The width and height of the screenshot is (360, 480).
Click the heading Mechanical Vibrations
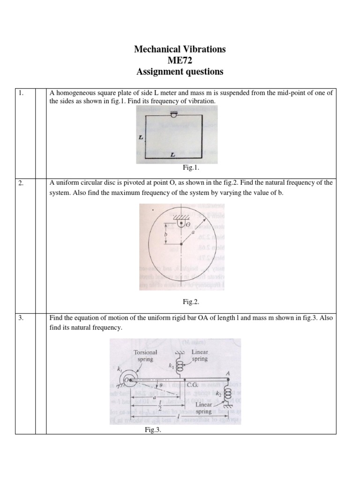180,49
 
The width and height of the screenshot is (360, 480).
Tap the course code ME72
180,60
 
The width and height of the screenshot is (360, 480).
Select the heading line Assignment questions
180,72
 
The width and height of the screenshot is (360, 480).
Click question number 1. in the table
21,93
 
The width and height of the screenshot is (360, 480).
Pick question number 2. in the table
21,183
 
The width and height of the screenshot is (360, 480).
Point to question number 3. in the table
21,318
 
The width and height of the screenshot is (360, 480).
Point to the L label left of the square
140,138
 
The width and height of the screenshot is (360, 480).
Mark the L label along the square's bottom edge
173,153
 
